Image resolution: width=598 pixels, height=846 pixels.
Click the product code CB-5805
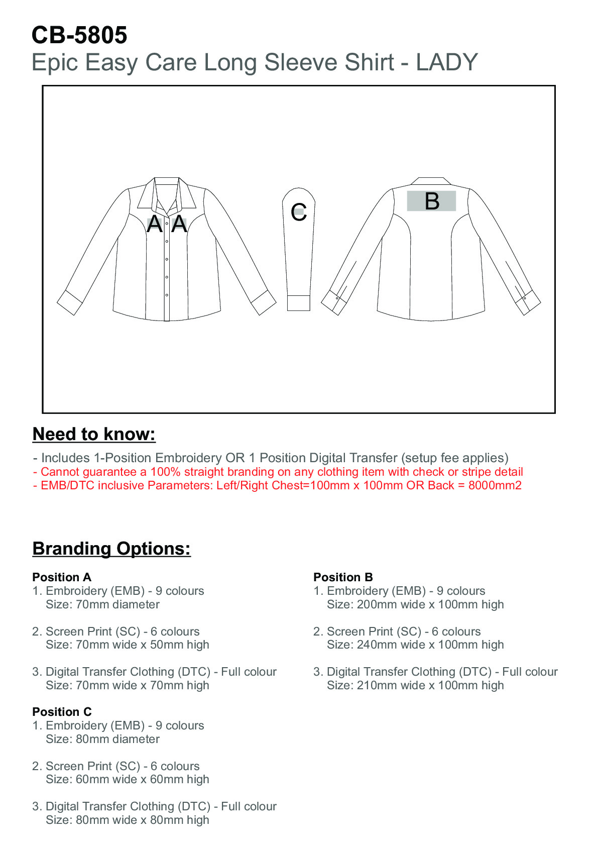click(x=79, y=35)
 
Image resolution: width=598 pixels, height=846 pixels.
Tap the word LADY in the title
click(x=447, y=63)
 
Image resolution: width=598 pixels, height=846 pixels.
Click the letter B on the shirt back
click(x=432, y=201)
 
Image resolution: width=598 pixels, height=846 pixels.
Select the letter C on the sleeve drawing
click(x=299, y=212)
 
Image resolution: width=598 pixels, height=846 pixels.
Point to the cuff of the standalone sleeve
click(x=299, y=303)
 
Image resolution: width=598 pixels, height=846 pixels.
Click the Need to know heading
click(x=94, y=434)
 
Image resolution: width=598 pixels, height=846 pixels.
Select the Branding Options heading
click(x=111, y=549)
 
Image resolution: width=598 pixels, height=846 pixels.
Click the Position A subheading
click(x=62, y=577)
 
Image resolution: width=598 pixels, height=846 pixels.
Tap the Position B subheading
click(x=343, y=577)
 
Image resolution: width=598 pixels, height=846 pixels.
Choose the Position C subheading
click(x=62, y=712)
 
